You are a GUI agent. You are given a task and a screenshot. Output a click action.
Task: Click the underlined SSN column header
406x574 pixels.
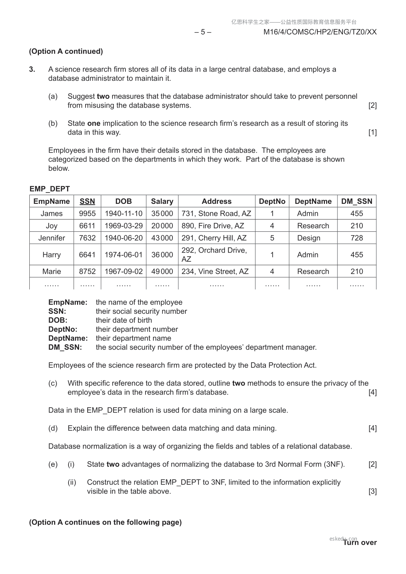tap(87, 201)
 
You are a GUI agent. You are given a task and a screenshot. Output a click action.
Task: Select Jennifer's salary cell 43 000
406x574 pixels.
tap(162, 238)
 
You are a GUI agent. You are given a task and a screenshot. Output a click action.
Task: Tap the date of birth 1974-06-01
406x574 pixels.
tap(123, 255)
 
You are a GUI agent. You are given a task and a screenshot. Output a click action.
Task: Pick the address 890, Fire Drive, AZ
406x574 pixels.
tap(213, 226)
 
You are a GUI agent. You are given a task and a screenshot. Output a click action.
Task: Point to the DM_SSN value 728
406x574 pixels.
tap(357, 238)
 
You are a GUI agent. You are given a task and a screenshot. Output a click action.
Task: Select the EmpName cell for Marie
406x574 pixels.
tap(51, 271)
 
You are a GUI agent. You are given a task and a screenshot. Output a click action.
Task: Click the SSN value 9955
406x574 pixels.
tap(87, 213)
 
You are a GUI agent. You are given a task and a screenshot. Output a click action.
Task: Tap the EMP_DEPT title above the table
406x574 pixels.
tap(50, 189)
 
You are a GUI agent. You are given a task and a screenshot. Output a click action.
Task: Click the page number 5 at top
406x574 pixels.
tap(203, 32)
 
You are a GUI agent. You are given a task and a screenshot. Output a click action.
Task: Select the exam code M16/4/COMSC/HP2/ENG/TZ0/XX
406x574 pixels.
tap(320, 32)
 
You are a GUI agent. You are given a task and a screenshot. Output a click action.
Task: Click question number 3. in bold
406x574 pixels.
tap(32, 69)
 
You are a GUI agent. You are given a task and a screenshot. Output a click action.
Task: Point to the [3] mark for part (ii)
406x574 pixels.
tap(373, 491)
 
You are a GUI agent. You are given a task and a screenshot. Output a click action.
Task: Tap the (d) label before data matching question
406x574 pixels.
tap(53, 428)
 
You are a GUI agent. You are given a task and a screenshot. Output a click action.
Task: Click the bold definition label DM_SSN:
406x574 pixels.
tap(65, 347)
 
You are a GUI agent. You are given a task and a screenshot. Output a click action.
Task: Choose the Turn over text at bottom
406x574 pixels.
tap(360, 543)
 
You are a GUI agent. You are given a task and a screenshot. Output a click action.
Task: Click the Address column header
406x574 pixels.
tap(216, 201)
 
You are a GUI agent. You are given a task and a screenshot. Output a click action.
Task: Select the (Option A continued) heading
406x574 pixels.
tap(66, 51)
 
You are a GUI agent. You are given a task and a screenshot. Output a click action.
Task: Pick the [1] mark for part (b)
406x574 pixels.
tap(373, 132)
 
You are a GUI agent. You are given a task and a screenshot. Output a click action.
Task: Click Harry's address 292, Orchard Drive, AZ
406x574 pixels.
tap(214, 255)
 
